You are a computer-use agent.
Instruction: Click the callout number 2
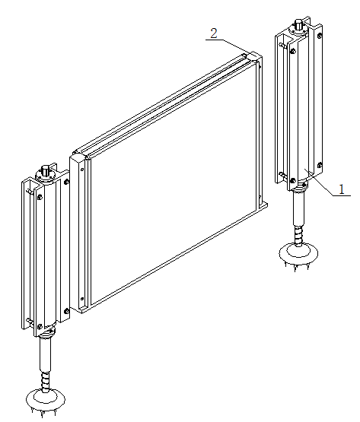click(214, 33)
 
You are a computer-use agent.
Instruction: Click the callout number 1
click(342, 189)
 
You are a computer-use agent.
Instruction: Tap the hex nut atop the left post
click(45, 171)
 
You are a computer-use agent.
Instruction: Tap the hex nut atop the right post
click(298, 24)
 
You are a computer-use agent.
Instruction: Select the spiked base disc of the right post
click(298, 253)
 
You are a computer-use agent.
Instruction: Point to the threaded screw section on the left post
click(46, 381)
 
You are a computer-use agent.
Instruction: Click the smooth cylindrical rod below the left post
click(45, 355)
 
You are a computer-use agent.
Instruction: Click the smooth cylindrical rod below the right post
click(298, 209)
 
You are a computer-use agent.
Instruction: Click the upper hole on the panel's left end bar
click(82, 170)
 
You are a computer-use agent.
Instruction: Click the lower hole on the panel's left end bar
click(82, 299)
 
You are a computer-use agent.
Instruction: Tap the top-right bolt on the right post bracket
click(320, 35)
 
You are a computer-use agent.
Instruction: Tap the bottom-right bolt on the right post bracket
click(320, 165)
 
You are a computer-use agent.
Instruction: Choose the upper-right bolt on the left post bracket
click(66, 182)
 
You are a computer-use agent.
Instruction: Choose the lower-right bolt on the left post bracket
click(66, 312)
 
